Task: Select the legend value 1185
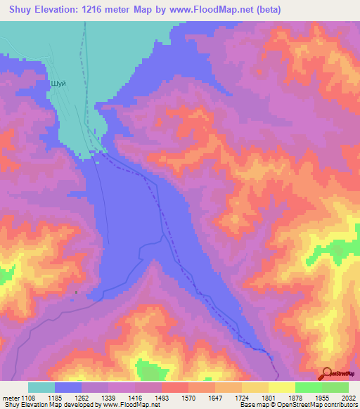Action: (x=68, y=398)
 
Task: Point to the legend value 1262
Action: (x=95, y=398)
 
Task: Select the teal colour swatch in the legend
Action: (x=41, y=387)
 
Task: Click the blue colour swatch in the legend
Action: (x=68, y=387)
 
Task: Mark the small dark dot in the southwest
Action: (x=76, y=292)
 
